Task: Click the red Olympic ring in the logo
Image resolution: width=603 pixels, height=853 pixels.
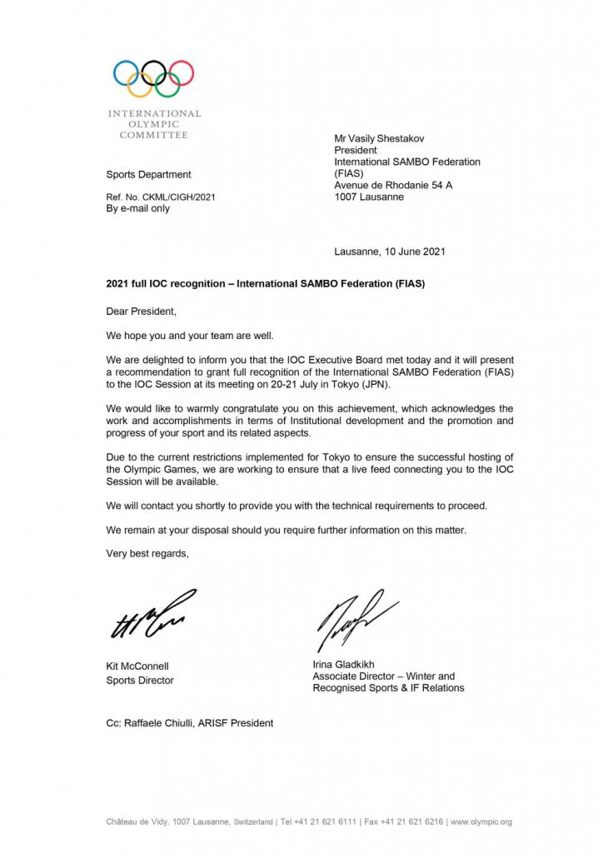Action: tap(181, 74)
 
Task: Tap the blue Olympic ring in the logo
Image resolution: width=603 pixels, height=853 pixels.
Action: tap(126, 74)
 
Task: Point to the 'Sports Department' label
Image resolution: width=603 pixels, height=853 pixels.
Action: tap(148, 174)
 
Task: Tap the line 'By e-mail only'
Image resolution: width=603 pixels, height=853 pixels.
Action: tap(138, 209)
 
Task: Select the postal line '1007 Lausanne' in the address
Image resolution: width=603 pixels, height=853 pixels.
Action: tap(369, 197)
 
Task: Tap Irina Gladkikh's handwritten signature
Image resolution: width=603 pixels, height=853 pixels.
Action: tap(350, 616)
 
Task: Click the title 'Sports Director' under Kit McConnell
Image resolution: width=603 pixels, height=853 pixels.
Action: tap(140, 681)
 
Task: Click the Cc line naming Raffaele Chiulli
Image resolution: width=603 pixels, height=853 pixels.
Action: tap(189, 722)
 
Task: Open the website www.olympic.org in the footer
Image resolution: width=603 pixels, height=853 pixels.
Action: tap(481, 822)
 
